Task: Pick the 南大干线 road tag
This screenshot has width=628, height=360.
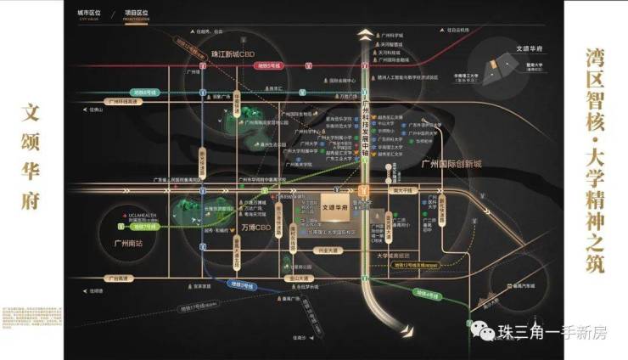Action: click(x=401, y=192)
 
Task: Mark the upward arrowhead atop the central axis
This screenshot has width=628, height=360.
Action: click(x=364, y=33)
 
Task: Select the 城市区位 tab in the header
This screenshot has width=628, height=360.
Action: click(x=88, y=14)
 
